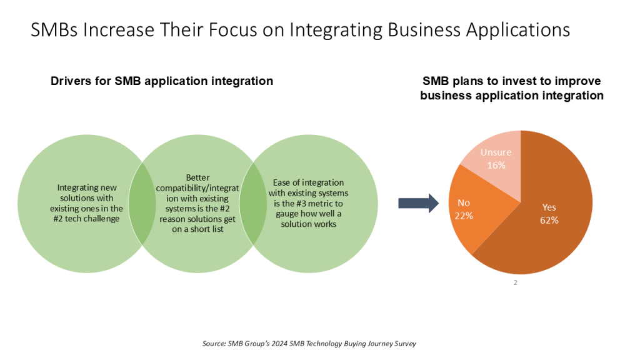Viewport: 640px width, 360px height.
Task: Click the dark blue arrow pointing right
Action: point(418,203)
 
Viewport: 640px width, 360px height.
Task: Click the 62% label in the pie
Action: point(549,221)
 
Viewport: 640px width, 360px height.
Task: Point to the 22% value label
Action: point(464,216)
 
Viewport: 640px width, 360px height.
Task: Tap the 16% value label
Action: point(496,165)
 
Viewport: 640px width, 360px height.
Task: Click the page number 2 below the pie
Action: point(516,282)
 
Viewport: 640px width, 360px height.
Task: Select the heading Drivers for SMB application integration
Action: point(162,81)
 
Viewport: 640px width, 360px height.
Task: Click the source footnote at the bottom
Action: point(309,344)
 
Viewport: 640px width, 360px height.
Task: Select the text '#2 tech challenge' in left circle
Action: point(86,219)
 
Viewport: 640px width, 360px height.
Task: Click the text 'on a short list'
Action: point(197,229)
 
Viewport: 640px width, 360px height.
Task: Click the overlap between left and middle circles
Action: point(142,203)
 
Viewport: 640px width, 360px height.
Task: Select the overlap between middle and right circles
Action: point(253,203)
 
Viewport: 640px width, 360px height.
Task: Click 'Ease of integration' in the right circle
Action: point(309,182)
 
